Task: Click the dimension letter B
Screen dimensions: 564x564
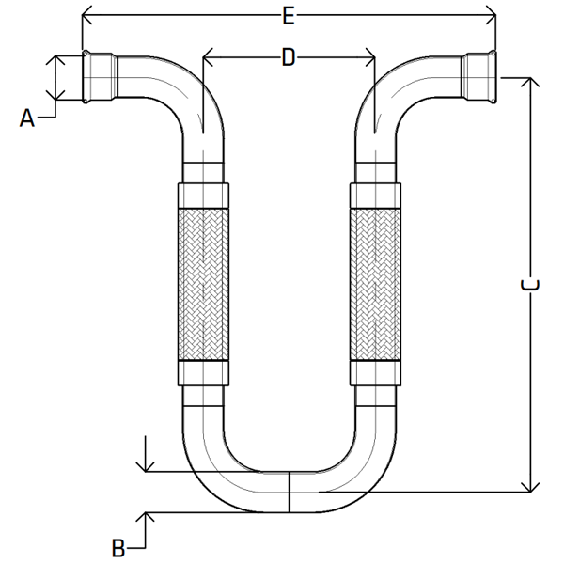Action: (118, 547)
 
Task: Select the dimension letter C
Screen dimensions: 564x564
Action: (530, 285)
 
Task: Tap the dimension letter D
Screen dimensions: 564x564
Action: (289, 57)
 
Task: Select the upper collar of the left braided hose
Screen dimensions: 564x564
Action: (202, 196)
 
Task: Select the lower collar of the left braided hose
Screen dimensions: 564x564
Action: (202, 373)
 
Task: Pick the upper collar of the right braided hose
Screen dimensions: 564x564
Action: (376, 196)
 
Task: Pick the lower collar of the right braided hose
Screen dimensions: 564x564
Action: (376, 373)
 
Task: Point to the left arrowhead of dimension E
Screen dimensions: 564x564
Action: (87, 15)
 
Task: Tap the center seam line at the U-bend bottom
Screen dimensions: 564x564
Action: (290, 491)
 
